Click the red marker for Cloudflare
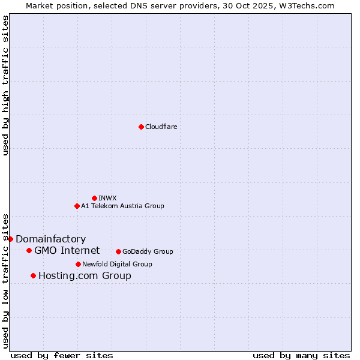point(141,127)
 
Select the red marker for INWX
point(94,198)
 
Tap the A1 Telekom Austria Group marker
point(77,206)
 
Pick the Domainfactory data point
point(10,239)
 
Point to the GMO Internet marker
point(29,250)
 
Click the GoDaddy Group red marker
point(118,251)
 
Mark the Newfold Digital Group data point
point(78,264)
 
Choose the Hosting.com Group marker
point(33,275)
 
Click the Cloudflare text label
point(161,127)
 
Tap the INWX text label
point(107,198)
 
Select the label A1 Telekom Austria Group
point(122,206)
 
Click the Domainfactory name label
point(50,239)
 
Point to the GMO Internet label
point(67,250)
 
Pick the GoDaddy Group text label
point(148,251)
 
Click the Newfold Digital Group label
point(117,264)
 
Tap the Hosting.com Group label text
point(85,275)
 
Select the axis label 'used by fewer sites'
point(62,355)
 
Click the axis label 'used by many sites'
point(301,355)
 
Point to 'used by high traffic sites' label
point(5,85)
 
